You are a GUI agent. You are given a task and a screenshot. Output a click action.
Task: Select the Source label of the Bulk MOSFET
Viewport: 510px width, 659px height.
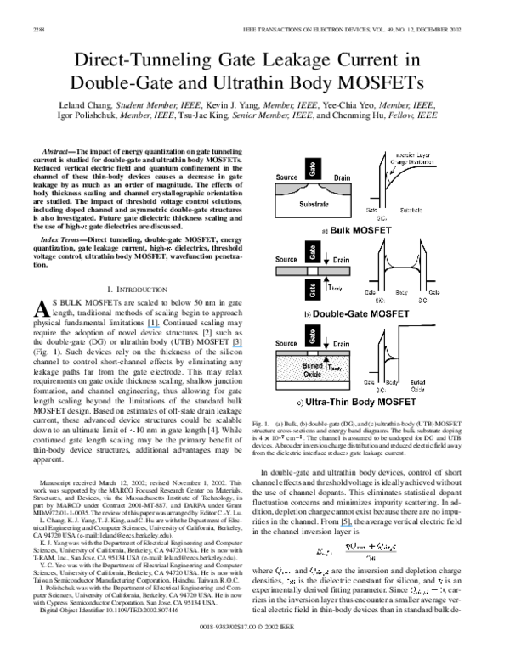[x=286, y=177]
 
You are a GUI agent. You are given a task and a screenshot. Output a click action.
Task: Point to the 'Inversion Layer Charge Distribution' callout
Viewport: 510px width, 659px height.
[x=411, y=158]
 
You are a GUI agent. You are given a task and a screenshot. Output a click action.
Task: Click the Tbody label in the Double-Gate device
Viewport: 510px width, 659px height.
[x=333, y=287]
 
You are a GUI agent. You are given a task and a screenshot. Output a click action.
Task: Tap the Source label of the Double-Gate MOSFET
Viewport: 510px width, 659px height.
[x=286, y=259]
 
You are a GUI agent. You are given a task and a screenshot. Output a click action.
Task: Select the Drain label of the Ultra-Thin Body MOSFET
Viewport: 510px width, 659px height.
[x=341, y=344]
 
